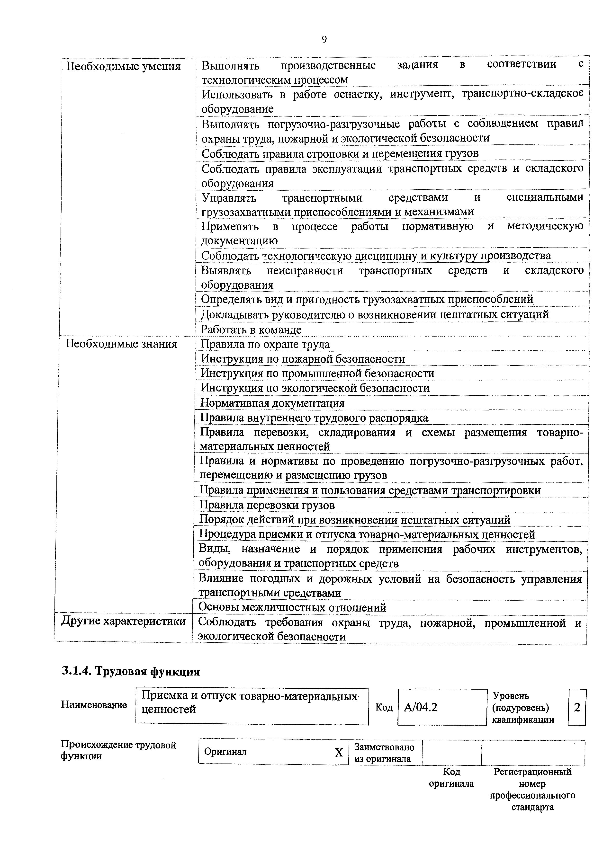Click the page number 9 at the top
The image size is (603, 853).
[324, 40]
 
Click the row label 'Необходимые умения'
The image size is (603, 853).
[123, 66]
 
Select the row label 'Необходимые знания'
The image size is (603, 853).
[121, 344]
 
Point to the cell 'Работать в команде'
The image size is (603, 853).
[251, 329]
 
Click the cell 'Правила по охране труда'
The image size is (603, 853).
[265, 344]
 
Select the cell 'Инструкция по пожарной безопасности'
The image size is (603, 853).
[303, 359]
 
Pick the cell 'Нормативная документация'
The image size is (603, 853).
[272, 403]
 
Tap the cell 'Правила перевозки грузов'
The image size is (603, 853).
[267, 505]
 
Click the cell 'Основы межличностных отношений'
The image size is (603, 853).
[292, 607]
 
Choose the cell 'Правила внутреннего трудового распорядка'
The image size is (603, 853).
[314, 418]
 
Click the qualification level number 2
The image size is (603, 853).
[577, 707]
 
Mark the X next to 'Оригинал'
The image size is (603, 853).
[338, 753]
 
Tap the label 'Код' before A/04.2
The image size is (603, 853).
[384, 707]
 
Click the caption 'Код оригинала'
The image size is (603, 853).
[451, 778]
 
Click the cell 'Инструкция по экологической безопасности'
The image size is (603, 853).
[315, 388]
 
